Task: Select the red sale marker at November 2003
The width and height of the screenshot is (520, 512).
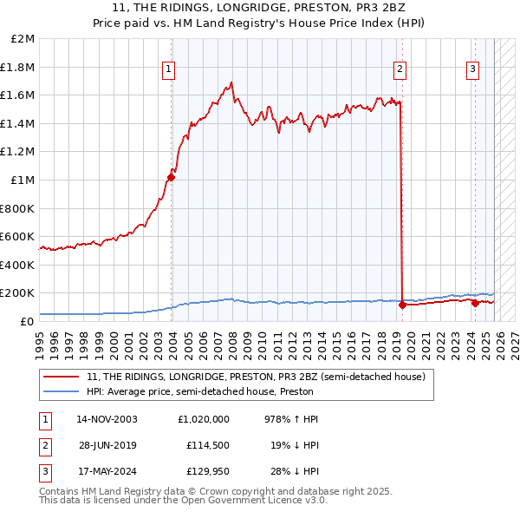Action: pyautogui.click(x=172, y=178)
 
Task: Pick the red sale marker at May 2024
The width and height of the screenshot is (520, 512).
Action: pyautogui.click(x=475, y=303)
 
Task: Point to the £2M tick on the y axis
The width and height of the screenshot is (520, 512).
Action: pyautogui.click(x=23, y=39)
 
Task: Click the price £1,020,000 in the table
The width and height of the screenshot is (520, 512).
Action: pyautogui.click(x=202, y=418)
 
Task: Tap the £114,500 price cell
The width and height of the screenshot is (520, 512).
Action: pyautogui.click(x=207, y=445)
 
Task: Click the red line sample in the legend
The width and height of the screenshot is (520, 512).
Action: pyautogui.click(x=62, y=377)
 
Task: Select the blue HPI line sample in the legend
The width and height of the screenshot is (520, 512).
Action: pyautogui.click(x=62, y=391)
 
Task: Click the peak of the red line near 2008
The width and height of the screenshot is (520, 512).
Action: pyautogui.click(x=231, y=83)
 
